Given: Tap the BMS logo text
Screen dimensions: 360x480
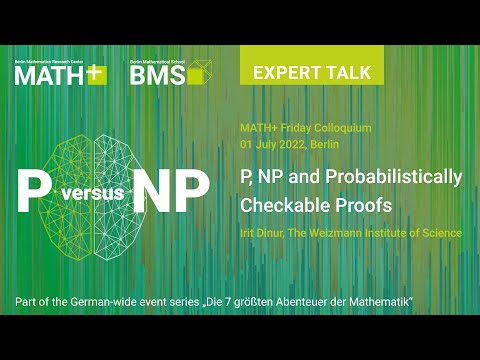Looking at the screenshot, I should (x=158, y=77).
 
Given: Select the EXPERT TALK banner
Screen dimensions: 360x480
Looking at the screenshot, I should (x=312, y=72).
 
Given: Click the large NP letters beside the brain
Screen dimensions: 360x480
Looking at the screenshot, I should (x=175, y=188).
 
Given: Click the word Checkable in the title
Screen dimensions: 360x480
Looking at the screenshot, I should (x=279, y=205).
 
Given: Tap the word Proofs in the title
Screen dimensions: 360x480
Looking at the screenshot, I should (x=349, y=205).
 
